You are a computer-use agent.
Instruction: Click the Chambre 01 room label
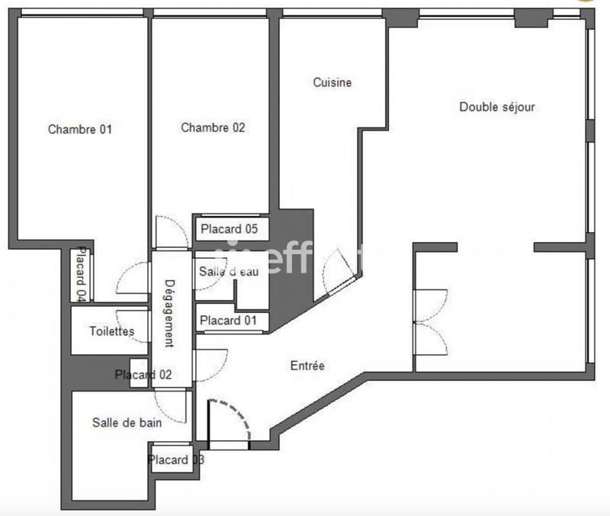(80, 129)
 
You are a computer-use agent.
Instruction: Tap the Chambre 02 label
(213, 128)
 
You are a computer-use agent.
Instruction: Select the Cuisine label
(332, 82)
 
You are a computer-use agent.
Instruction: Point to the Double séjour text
(497, 107)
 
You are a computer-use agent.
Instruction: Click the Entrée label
(308, 366)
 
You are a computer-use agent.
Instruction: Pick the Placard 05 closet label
(230, 228)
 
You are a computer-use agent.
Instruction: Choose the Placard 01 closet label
(229, 321)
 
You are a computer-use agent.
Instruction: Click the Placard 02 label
(143, 375)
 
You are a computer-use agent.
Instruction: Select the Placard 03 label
(176, 460)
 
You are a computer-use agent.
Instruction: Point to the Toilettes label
(112, 331)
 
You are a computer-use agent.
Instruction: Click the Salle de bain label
(127, 422)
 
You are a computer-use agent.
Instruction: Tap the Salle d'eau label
(230, 272)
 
